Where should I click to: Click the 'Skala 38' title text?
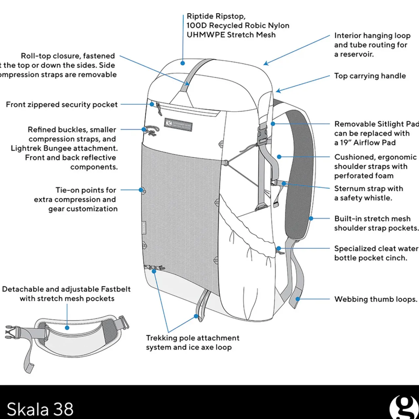click(x=40, y=409)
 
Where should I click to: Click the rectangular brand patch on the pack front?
click(x=178, y=125)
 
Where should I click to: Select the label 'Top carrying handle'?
click(x=370, y=76)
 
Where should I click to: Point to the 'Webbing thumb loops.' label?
click(x=375, y=299)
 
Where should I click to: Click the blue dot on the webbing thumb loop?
click(x=298, y=299)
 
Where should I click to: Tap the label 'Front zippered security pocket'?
click(x=62, y=105)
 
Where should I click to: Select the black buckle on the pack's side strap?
click(x=262, y=136)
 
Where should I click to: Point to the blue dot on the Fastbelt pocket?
click(x=67, y=327)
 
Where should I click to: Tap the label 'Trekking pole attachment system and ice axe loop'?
click(x=192, y=342)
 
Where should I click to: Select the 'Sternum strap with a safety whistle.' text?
click(x=368, y=193)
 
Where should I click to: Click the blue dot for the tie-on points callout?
click(x=141, y=190)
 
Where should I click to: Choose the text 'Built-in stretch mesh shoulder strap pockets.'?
click(x=376, y=223)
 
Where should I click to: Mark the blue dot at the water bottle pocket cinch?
click(x=278, y=248)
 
